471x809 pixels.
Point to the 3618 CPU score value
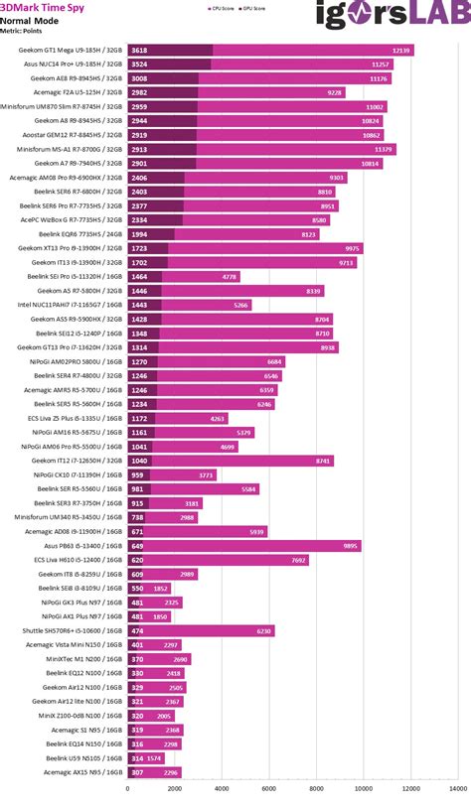139,49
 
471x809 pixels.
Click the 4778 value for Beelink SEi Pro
230,277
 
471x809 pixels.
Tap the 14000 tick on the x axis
457,790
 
